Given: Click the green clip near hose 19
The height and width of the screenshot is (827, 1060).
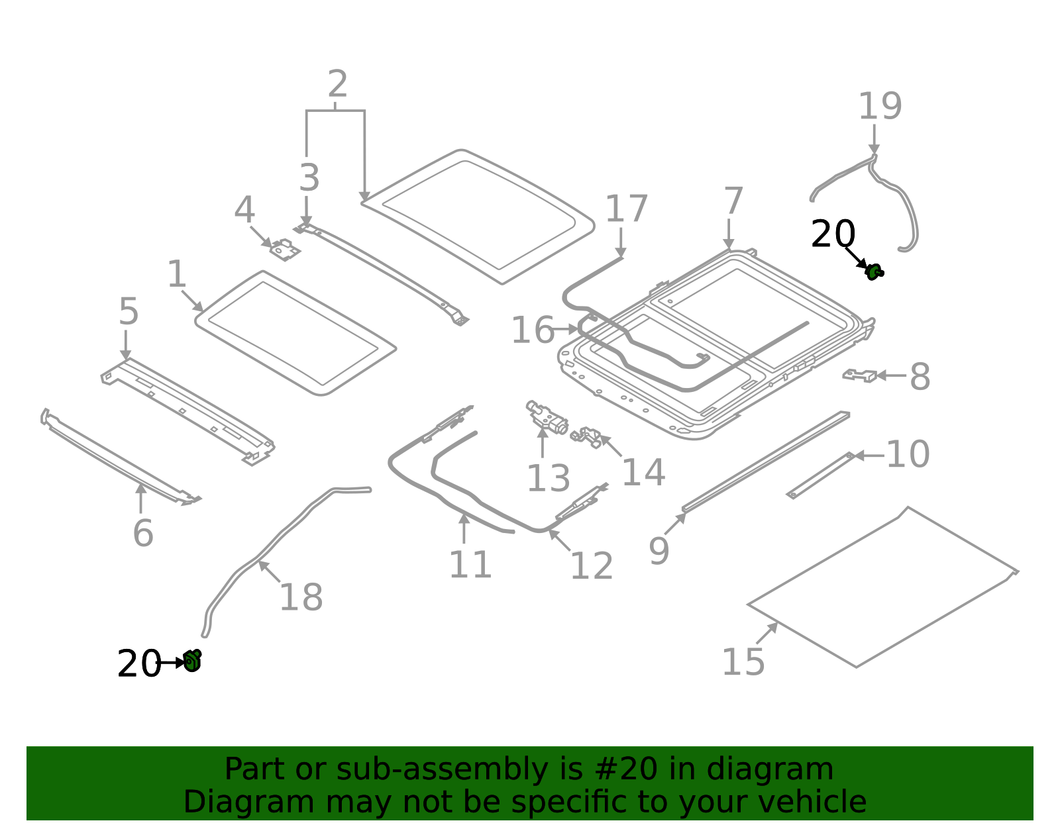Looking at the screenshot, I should [x=874, y=271].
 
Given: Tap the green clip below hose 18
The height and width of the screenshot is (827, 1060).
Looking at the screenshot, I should [x=192, y=660].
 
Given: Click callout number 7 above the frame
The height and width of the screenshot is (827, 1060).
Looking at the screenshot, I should [x=733, y=201].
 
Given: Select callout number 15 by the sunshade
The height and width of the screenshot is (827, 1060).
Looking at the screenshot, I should [x=743, y=661].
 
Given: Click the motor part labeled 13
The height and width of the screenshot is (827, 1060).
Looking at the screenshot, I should [x=547, y=418].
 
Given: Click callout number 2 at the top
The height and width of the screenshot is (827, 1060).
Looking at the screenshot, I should [x=337, y=84].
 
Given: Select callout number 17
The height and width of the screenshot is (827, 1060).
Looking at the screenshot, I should [x=626, y=209].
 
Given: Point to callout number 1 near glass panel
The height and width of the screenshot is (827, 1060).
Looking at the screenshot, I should [x=176, y=273].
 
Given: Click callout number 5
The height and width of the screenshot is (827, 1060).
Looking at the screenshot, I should [x=129, y=311].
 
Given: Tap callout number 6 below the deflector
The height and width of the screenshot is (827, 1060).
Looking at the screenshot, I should [x=142, y=533].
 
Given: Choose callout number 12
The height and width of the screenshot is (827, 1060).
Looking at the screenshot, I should [x=591, y=566].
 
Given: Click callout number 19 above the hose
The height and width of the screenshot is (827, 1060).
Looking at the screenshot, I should [x=880, y=106].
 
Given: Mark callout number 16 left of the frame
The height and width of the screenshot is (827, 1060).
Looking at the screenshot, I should [x=532, y=330].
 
